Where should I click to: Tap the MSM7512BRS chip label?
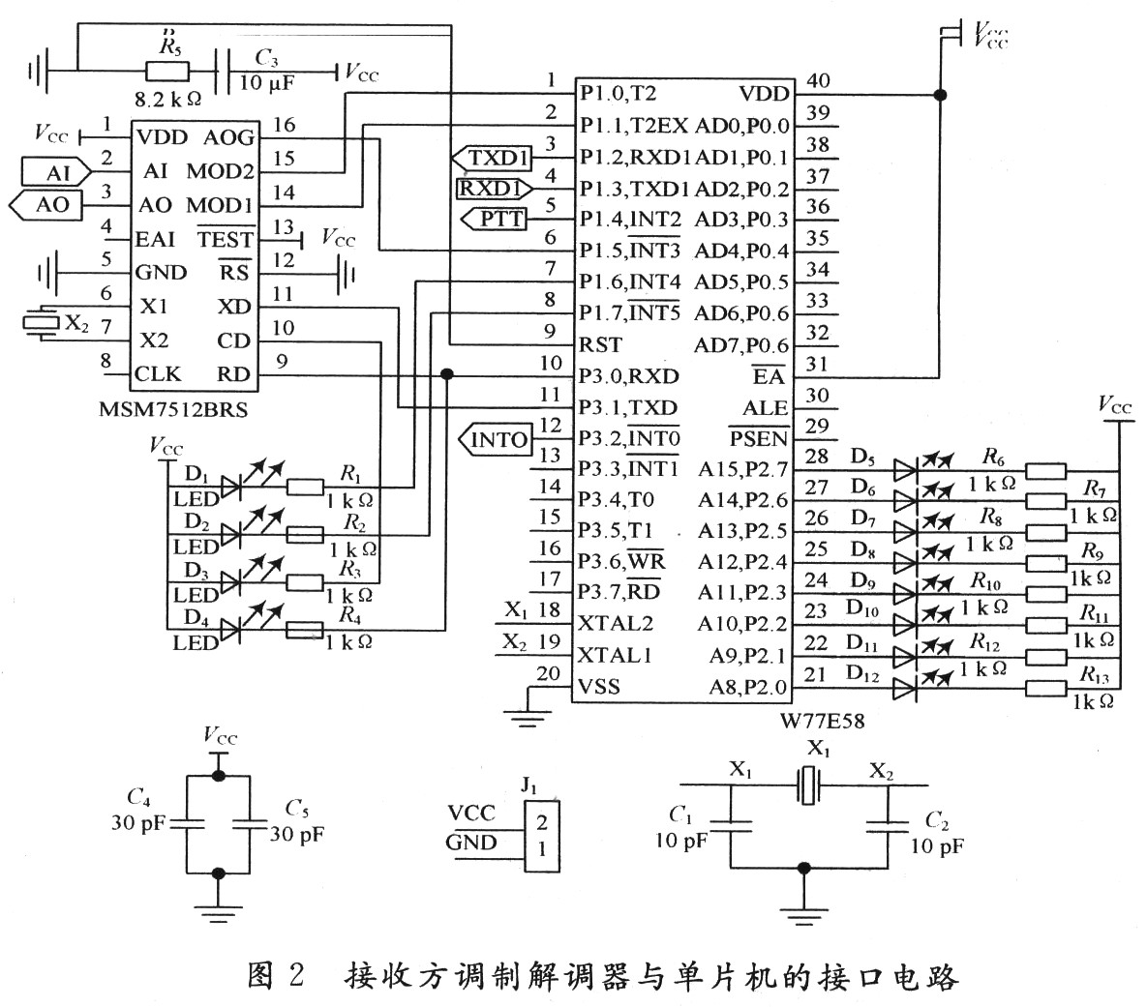click(173, 409)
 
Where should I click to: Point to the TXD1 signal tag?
click(495, 157)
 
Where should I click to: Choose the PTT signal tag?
click(497, 220)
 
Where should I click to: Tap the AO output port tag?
click(47, 205)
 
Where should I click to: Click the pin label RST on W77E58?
click(600, 344)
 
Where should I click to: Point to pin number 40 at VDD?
click(817, 81)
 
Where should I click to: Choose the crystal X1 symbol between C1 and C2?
click(808, 785)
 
